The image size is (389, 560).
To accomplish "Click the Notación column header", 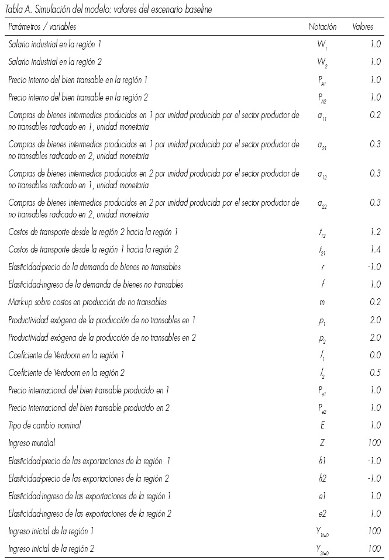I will (321, 27).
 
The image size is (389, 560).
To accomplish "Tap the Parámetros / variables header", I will (42, 27).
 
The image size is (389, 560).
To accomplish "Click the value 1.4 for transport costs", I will (375, 250).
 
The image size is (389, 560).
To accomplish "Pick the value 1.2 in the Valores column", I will (375, 232).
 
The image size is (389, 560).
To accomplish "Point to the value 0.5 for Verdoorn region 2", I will (375, 373).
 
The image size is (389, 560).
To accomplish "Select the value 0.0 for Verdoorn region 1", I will (375, 355).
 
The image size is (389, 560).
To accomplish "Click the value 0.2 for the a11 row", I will (375, 115).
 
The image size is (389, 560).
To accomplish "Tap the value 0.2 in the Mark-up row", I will (375, 302).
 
